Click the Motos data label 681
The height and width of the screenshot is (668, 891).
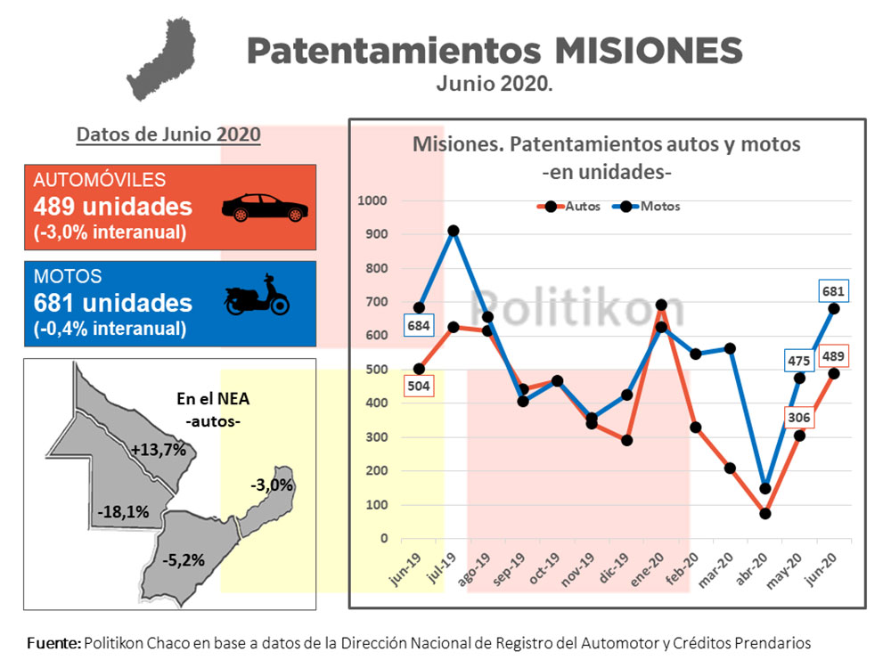coord(834,290)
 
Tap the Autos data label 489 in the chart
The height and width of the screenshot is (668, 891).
coord(834,355)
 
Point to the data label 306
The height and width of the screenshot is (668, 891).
coord(798,417)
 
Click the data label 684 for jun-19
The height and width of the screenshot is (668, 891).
coord(419,326)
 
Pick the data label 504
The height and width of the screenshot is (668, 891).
coord(419,386)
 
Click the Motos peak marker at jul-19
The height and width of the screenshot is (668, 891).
coord(454,231)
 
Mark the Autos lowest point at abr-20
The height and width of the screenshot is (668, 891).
coord(765,513)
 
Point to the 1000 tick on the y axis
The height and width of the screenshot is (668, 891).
coord(373,200)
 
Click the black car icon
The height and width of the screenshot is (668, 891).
coord(264,207)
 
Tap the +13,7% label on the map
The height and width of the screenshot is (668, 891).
coord(158,450)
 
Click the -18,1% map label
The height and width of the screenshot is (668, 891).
coord(123,512)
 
